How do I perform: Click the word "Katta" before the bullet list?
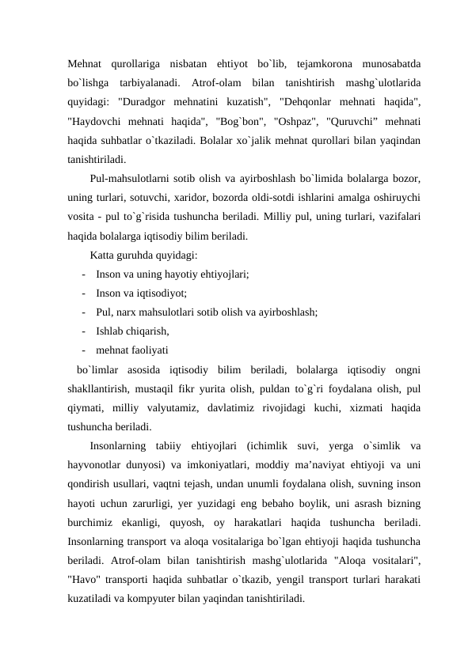pos(105,255)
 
